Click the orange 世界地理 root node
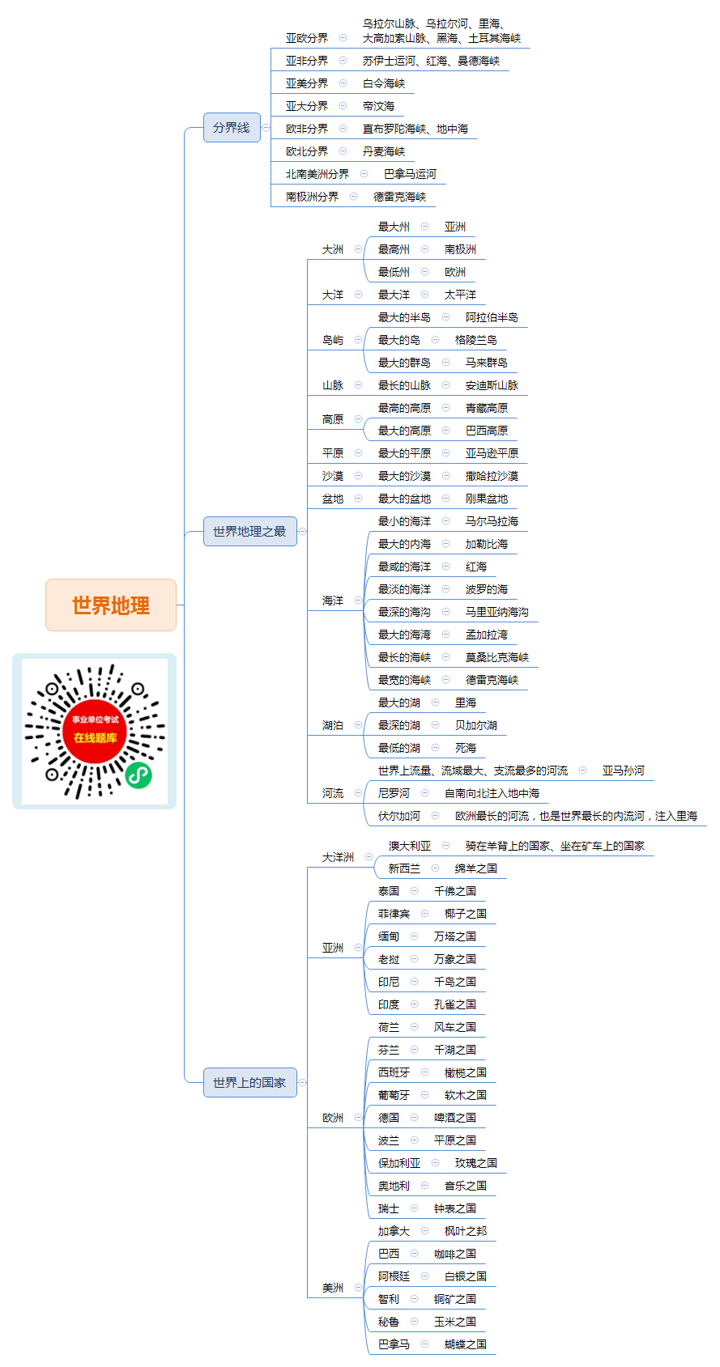pos(110,605)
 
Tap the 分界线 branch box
pos(232,128)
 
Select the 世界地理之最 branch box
pos(249,531)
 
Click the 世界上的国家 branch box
pos(249,1082)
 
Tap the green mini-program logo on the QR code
pos(138,775)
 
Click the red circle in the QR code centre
pos(95,731)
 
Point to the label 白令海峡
pos(384,83)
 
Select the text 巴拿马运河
pos(410,174)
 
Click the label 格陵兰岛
pos(475,340)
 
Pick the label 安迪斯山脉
pos(492,385)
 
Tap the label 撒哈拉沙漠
pos(492,476)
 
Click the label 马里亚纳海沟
pos(497,612)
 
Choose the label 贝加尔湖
pos(475,725)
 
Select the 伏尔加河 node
pos(398,816)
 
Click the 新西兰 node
pos(404,868)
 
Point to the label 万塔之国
pos(455,936)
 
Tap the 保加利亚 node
pos(399,1163)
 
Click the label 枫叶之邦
pos(466,1231)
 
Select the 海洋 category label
pos(333,601)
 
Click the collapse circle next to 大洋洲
pos(369,857)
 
